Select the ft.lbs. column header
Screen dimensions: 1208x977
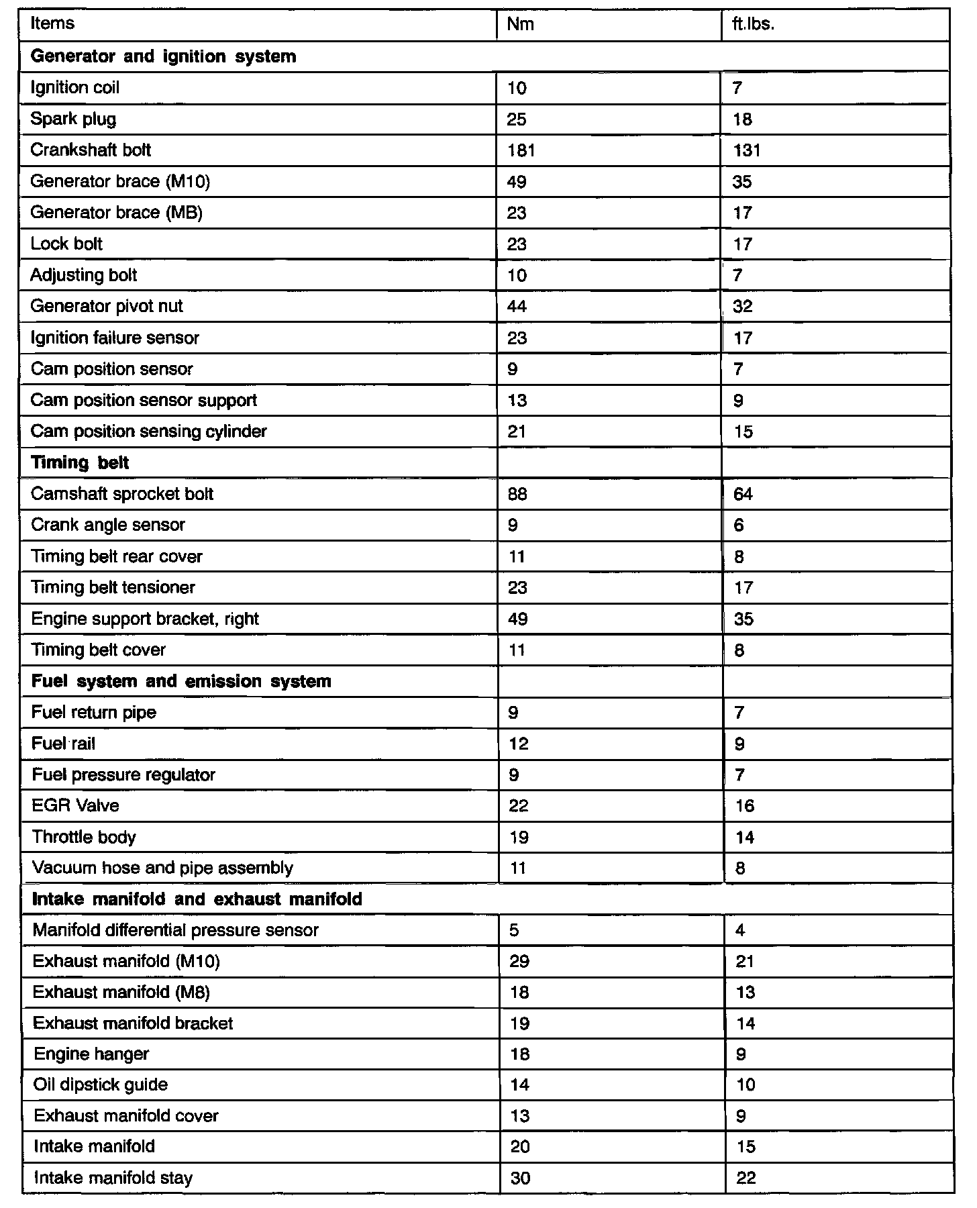[x=753, y=24]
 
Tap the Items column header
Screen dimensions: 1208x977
[x=52, y=23]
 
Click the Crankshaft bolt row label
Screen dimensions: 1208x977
[x=91, y=150]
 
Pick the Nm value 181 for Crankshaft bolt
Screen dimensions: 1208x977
[x=521, y=150]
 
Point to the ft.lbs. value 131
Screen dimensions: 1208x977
[x=747, y=150]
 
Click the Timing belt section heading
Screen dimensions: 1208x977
[x=80, y=462]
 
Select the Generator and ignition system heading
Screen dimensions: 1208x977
[x=163, y=56]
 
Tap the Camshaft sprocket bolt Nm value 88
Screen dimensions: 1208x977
[x=517, y=495]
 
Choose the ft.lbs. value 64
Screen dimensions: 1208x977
[x=743, y=495]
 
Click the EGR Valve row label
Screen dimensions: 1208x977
[x=75, y=805]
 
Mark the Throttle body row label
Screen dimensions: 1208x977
[x=84, y=837]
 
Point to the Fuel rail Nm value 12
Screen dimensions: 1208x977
[x=519, y=744]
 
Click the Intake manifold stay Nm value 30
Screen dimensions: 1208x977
[x=520, y=1178]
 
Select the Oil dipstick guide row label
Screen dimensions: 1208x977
[x=100, y=1085]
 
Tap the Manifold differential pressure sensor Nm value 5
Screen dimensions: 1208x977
[x=515, y=930]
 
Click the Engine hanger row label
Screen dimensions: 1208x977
[x=91, y=1054]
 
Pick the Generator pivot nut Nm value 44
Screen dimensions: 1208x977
[x=517, y=307]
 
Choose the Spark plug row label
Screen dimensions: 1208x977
[x=73, y=119]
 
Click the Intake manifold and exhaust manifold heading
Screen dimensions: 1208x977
[x=197, y=899]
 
